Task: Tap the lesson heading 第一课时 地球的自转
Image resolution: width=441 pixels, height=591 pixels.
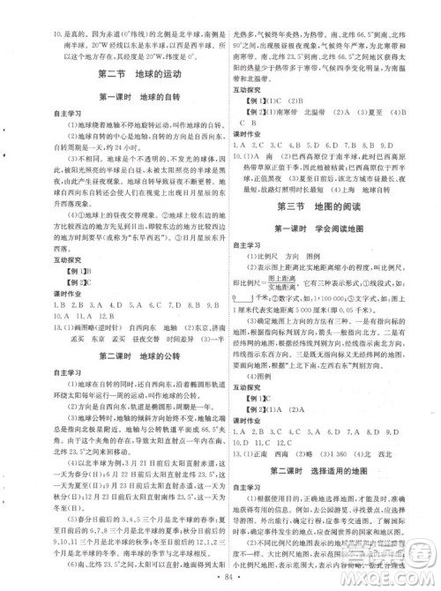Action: coord(114,96)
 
